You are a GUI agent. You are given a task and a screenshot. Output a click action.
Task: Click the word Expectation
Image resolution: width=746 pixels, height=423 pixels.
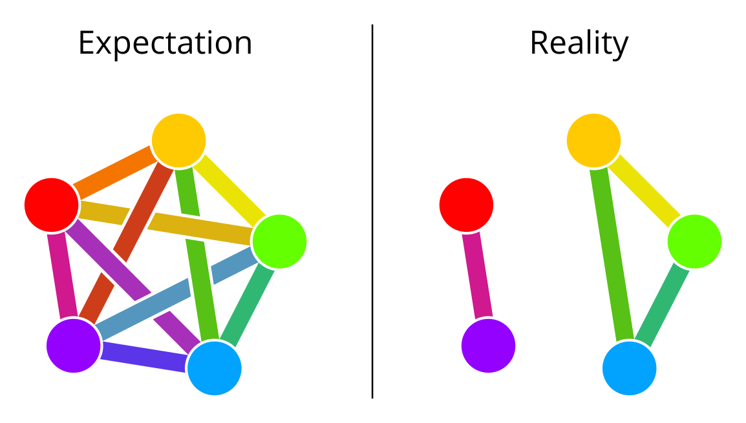pyautogui.click(x=165, y=43)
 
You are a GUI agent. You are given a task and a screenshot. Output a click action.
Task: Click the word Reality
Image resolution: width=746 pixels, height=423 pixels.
pyautogui.click(x=579, y=43)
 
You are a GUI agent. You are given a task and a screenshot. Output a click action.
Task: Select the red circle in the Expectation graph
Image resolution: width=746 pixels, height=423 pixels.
pyautogui.click(x=52, y=205)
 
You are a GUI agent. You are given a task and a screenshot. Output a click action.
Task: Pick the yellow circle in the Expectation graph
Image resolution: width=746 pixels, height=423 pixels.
pyautogui.click(x=178, y=140)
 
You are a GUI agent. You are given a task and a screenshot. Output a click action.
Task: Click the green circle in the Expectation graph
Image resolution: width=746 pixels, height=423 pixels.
pyautogui.click(x=279, y=242)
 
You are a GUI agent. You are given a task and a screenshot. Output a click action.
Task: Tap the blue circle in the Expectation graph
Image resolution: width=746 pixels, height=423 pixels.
pyautogui.click(x=214, y=368)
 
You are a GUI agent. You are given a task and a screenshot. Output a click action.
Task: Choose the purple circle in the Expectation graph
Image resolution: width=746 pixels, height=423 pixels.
pyautogui.click(x=74, y=346)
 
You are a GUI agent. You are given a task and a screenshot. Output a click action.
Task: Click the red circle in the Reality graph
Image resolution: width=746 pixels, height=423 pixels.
pyautogui.click(x=466, y=205)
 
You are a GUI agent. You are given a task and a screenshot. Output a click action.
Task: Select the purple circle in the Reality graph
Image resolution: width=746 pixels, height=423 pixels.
pyautogui.click(x=488, y=346)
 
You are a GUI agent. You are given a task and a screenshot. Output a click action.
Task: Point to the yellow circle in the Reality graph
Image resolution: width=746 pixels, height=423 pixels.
pyautogui.click(x=593, y=140)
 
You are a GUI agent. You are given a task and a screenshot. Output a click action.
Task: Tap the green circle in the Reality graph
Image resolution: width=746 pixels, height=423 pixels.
pyautogui.click(x=694, y=242)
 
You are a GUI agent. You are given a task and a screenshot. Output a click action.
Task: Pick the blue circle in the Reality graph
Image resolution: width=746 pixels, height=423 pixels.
pyautogui.click(x=629, y=368)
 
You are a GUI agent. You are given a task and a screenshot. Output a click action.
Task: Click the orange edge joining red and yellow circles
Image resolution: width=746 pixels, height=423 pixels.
pyautogui.click(x=114, y=172)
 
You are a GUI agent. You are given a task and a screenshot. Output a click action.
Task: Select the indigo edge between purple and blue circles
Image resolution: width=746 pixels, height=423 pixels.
pyautogui.click(x=144, y=356)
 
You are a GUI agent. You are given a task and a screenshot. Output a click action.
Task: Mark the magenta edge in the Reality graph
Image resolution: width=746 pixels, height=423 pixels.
pyautogui.click(x=477, y=275)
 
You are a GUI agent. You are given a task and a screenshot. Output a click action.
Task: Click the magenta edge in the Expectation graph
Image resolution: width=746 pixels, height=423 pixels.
pyautogui.click(x=61, y=275)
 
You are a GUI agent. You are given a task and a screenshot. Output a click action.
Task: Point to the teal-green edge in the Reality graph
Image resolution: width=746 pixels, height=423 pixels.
pyautogui.click(x=663, y=304)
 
